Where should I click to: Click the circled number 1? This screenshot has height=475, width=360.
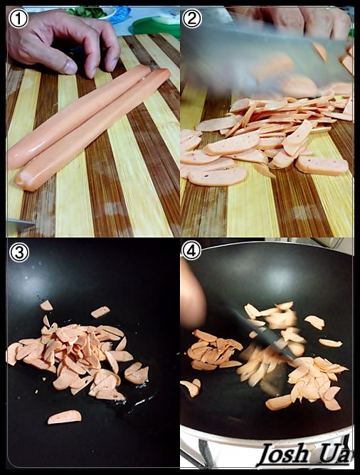(x=18, y=18)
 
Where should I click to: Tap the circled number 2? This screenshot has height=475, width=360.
(x=192, y=18)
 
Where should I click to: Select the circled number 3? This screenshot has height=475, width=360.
(x=19, y=252)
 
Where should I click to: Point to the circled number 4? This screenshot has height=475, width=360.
(x=191, y=250)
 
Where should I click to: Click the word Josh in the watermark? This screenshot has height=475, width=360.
(x=283, y=454)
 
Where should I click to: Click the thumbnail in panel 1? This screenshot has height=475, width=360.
(x=70, y=67)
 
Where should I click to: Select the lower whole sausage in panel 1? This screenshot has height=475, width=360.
(x=92, y=129)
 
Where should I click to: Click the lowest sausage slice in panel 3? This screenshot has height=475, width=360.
(x=64, y=417)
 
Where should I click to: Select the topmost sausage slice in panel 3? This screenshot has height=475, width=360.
(x=46, y=305)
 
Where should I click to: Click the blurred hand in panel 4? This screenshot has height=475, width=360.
(x=192, y=297)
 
